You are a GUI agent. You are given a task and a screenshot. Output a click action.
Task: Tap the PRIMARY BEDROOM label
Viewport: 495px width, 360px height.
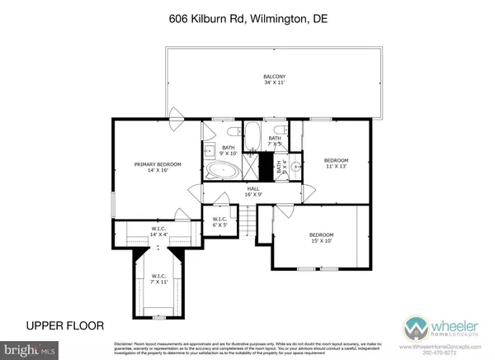click(x=158, y=167)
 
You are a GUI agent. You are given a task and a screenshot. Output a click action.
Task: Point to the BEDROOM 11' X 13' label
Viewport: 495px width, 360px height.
click(x=336, y=163)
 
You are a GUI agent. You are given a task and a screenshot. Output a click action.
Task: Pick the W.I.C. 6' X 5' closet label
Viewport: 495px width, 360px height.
click(x=219, y=222)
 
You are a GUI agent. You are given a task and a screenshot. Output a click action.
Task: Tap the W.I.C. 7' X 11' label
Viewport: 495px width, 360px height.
click(x=156, y=279)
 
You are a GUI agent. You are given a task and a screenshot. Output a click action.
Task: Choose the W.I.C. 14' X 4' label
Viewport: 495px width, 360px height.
click(x=159, y=232)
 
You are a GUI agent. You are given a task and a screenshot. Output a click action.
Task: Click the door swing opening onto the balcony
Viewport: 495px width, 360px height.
click(x=175, y=113)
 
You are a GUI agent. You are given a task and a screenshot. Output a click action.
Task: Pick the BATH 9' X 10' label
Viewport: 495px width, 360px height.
click(x=228, y=149)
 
